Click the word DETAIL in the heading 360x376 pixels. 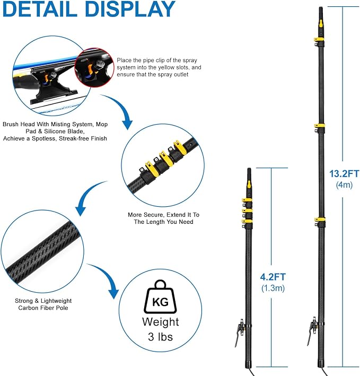40,8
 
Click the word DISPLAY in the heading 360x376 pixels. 130,8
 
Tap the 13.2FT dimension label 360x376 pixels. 344,173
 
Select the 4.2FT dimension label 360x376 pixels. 273,277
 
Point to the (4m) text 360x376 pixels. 344,185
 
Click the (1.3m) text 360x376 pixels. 273,288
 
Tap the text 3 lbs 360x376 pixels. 160,337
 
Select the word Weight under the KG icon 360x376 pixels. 160,322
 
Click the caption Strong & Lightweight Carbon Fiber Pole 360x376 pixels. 43,304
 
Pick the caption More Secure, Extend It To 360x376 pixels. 163,215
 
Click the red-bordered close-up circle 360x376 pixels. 94,67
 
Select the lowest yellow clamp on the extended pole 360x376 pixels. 320,220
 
